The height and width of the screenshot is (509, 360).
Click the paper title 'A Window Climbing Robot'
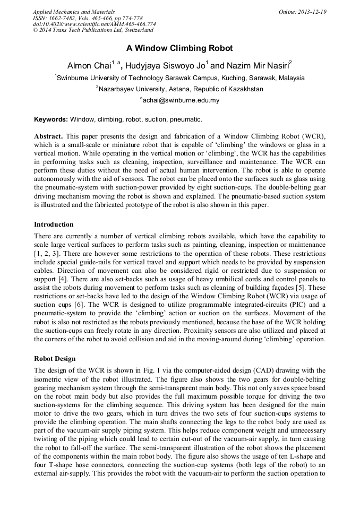179,48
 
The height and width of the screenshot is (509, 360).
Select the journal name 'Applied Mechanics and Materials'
73,12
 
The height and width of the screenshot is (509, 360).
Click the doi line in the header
94,24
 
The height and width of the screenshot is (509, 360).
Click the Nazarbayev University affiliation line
180,89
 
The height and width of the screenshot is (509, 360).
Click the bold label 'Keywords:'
51,119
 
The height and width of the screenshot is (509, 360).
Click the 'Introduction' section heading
54,225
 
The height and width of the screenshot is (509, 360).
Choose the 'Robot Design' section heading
55,359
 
